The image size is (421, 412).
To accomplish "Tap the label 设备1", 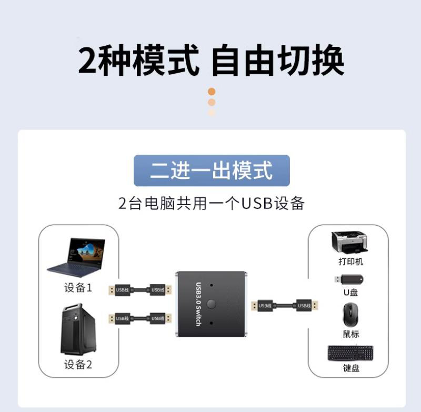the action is [x=78, y=288].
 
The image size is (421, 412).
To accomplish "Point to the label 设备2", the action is [x=78, y=364].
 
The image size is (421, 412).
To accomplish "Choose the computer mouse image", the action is [x=350, y=315].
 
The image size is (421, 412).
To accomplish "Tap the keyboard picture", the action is [x=350, y=353].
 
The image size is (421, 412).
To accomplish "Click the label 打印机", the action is [x=350, y=262].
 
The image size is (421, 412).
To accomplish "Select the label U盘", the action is [x=350, y=293].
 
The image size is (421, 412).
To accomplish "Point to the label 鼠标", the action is [x=350, y=334].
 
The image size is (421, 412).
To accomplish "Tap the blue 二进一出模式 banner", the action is [x=212, y=170].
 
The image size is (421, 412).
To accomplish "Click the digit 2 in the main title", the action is [x=89, y=61].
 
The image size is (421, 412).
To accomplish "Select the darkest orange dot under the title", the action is [x=212, y=92].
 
